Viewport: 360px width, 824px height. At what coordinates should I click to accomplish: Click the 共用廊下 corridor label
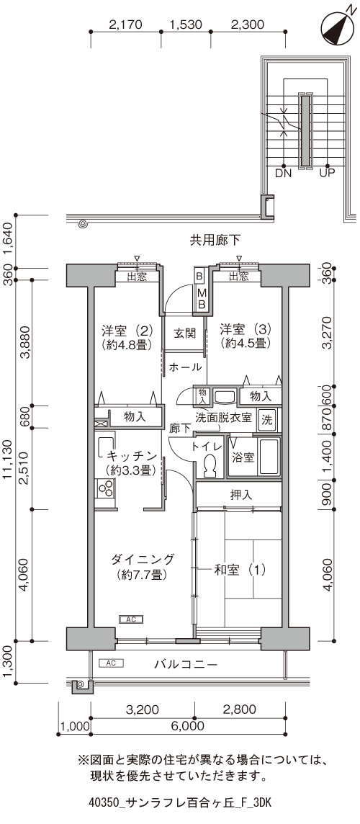(x=215, y=241)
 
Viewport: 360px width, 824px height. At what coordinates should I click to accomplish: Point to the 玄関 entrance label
(x=184, y=333)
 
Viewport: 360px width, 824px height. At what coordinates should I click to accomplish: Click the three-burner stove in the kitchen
(x=105, y=489)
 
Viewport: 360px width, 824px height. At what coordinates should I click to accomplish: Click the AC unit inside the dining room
(x=131, y=619)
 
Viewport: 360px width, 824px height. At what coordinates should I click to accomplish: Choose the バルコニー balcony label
(x=186, y=664)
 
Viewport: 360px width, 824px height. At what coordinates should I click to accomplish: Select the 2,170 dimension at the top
(x=125, y=24)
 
